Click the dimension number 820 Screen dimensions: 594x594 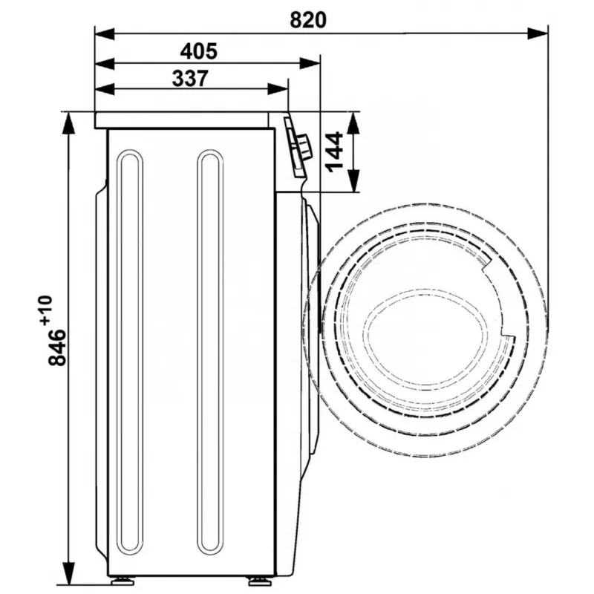click(308, 20)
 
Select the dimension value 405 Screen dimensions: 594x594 click(199, 51)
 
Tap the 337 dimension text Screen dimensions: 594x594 click(190, 79)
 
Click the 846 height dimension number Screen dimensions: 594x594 click(57, 347)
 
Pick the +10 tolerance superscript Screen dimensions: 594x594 click(46, 310)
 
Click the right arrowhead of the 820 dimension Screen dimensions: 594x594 click(537, 33)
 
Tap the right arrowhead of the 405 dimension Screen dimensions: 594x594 click(310, 63)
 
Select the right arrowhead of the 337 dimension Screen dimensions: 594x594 click(278, 89)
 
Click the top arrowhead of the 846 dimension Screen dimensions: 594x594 click(68, 123)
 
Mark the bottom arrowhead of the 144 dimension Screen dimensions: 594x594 click(353, 181)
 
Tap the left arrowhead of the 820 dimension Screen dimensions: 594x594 click(105, 33)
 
